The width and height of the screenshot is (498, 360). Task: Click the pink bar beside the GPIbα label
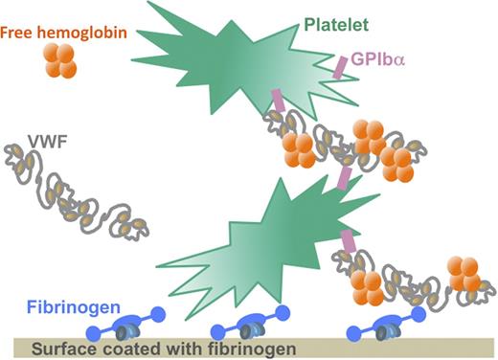tap(339, 67)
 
